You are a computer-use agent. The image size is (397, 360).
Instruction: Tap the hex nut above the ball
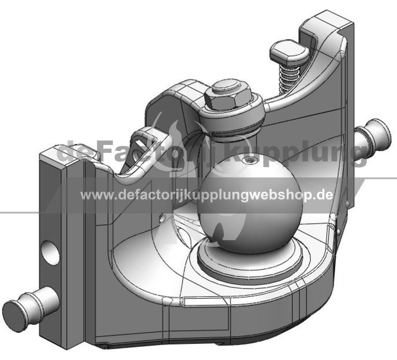(x=228, y=100)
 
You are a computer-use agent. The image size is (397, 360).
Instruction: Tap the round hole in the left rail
(x=50, y=252)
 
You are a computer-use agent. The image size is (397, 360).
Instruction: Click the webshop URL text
(x=206, y=195)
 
